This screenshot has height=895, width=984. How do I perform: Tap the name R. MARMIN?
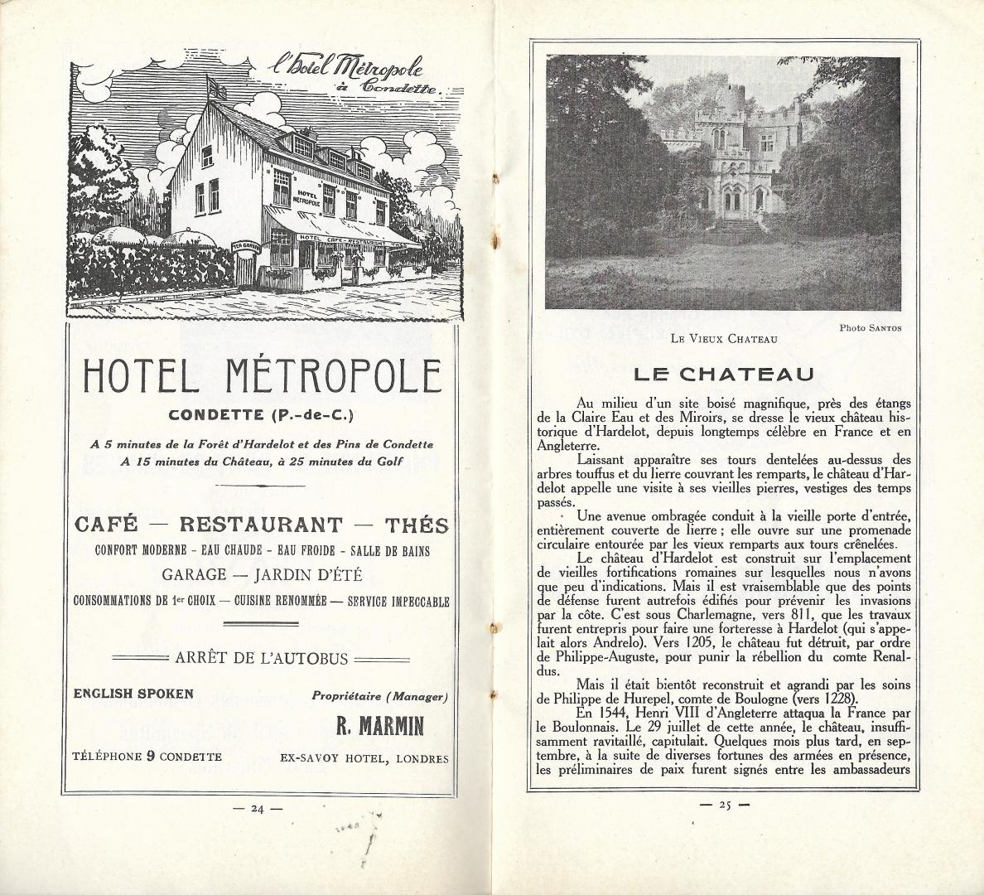click(x=379, y=727)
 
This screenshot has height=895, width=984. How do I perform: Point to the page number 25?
click(x=724, y=804)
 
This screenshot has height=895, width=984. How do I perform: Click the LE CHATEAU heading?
click(x=723, y=374)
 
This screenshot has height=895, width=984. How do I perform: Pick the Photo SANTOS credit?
click(x=870, y=327)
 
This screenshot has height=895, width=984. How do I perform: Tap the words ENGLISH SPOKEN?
click(x=133, y=694)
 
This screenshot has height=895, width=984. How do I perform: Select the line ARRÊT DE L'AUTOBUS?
click(x=261, y=659)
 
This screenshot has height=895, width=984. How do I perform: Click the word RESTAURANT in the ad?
click(x=261, y=525)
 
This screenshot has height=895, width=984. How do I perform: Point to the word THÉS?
click(x=417, y=525)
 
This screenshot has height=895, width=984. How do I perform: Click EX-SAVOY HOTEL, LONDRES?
click(x=364, y=758)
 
